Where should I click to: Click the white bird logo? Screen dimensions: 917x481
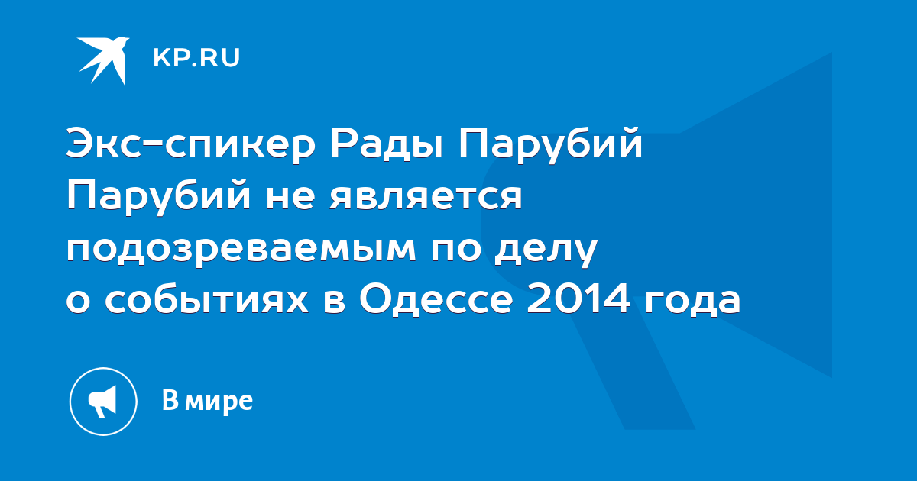[104, 60]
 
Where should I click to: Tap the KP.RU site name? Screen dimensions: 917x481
[196, 58]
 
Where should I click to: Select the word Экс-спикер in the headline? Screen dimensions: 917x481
[191, 146]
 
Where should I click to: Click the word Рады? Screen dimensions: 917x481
[387, 144]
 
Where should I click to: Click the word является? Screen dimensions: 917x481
[426, 198]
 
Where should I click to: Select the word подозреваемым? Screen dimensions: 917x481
[241, 250]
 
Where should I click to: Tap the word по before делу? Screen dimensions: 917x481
[455, 249]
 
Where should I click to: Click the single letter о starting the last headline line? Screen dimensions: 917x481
[78, 301]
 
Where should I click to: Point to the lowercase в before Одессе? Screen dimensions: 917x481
[335, 302]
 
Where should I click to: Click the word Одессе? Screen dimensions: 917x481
[436, 299]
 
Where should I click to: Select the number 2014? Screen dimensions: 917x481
[578, 299]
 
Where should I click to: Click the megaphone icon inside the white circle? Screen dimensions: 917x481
[102, 402]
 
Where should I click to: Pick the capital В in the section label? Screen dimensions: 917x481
[170, 400]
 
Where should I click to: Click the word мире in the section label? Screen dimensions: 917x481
[219, 403]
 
